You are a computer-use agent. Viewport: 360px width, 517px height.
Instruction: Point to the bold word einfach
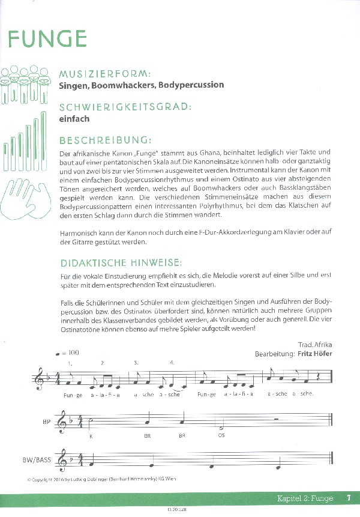[74, 119]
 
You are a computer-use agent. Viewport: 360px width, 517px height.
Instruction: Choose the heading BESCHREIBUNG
[104, 141]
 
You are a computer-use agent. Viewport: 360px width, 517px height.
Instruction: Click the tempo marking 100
[74, 353]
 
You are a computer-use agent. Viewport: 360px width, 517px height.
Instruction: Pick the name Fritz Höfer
[314, 353]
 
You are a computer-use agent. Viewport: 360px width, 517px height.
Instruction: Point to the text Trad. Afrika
[314, 345]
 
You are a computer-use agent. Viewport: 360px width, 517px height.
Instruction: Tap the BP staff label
[46, 422]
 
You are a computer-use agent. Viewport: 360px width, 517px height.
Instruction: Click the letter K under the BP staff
[91, 436]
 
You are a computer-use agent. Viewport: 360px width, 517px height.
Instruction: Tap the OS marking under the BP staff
[221, 436]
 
